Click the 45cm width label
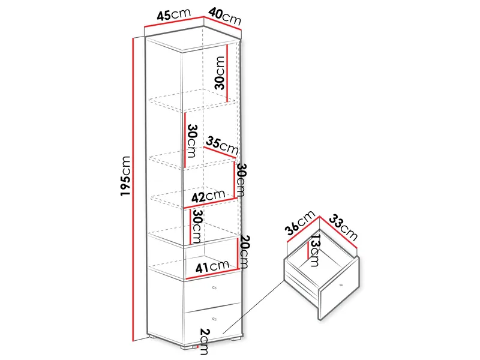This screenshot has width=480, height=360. [173, 14]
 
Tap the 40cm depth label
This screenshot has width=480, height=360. [225, 17]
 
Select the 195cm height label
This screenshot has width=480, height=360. [125, 176]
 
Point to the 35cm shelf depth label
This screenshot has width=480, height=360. [222, 146]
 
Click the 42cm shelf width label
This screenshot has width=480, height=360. [208, 196]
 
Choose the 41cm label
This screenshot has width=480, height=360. [212, 266]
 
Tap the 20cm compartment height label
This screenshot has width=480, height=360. [244, 251]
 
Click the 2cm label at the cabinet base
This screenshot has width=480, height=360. [204, 341]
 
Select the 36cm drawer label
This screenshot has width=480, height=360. [299, 223]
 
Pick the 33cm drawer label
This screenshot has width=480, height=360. [343, 228]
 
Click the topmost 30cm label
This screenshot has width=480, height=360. [220, 73]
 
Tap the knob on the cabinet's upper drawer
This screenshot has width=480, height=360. [214, 288]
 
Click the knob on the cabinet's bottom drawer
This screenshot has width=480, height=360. [214, 319]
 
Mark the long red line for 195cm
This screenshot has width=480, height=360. [133, 190]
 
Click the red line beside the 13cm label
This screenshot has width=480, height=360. [307, 249]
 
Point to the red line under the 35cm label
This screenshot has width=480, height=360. [220, 153]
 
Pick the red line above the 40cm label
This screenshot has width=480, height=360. [223, 23]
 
